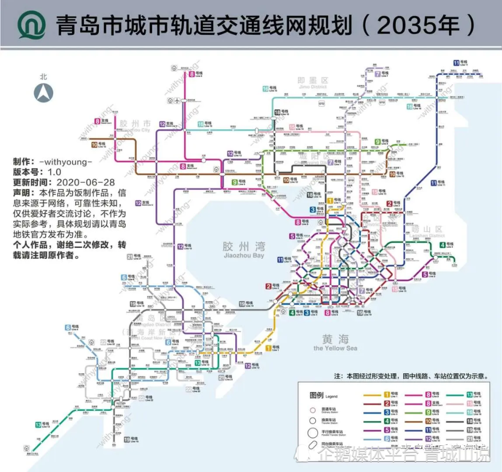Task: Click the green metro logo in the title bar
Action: (31, 25)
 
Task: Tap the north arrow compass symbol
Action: (43, 93)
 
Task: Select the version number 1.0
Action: (54, 172)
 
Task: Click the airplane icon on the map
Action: (179, 100)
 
